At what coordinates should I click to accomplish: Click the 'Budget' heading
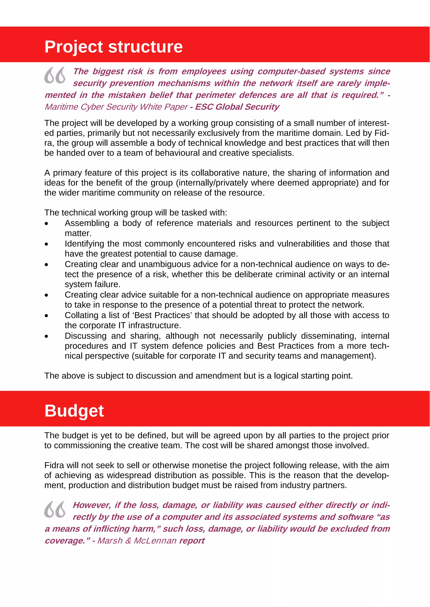(x=74, y=411)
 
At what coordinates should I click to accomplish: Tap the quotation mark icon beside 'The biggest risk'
(x=55, y=75)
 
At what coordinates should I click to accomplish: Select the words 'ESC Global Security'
(x=237, y=107)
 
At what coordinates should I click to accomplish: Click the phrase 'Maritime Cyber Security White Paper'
(x=116, y=107)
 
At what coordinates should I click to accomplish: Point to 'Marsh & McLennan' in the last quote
(x=137, y=541)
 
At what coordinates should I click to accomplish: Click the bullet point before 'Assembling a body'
(x=47, y=224)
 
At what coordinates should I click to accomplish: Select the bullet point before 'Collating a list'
(x=47, y=316)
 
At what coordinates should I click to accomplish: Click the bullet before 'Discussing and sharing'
(x=47, y=336)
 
